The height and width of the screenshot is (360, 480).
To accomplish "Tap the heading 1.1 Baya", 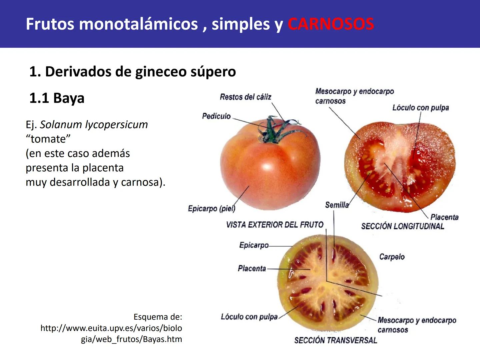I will pyautogui.click(x=57, y=98).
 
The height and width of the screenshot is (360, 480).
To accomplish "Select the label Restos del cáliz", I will pyautogui.click(x=245, y=97).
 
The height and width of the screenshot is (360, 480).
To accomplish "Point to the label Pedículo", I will pyautogui.click(x=216, y=116).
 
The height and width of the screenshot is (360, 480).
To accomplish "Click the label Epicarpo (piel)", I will pyautogui.click(x=211, y=209).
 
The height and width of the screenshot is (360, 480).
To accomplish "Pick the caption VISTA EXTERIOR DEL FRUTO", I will pyautogui.click(x=275, y=225).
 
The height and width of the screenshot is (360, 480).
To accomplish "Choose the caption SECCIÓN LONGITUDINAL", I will pyautogui.click(x=402, y=226).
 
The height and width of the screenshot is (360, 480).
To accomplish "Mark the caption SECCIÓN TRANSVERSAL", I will pyautogui.click(x=335, y=340).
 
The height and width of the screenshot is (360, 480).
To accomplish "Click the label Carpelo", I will pyautogui.click(x=392, y=257).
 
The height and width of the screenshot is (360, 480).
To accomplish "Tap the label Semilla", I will pyautogui.click(x=337, y=205).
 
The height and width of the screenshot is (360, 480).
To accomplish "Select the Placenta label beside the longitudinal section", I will pyautogui.click(x=444, y=217).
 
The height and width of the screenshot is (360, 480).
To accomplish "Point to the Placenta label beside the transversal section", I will pyautogui.click(x=252, y=268).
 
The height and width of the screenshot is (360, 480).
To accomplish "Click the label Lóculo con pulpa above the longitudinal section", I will pyautogui.click(x=420, y=108).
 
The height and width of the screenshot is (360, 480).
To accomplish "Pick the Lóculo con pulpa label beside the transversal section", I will pyautogui.click(x=249, y=317).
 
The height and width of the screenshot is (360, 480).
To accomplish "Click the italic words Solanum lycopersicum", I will pyautogui.click(x=94, y=124).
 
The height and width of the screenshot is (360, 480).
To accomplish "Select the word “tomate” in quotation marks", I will pyautogui.click(x=48, y=139).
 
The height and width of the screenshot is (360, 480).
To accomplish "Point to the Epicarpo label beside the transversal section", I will pyautogui.click(x=254, y=245).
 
